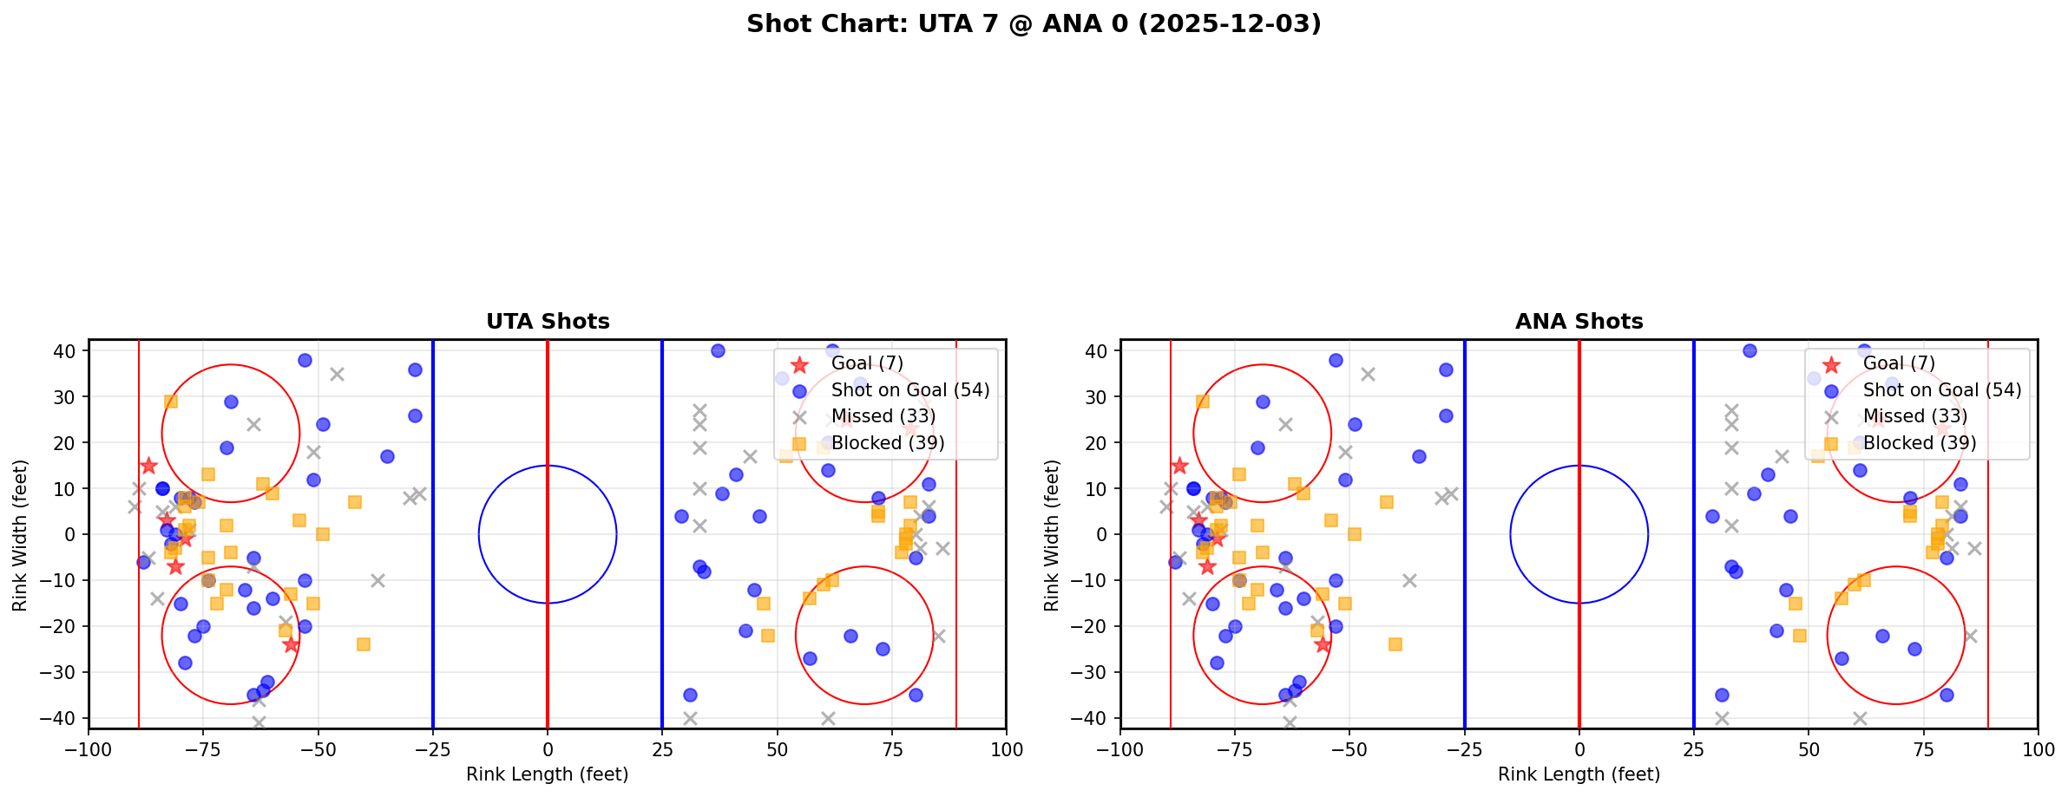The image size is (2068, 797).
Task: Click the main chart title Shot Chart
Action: tap(1034, 24)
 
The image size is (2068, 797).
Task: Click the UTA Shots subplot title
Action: tap(548, 322)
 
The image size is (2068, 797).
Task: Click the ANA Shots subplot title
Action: tap(1579, 322)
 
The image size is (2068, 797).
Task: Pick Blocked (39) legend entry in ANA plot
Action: tap(1919, 443)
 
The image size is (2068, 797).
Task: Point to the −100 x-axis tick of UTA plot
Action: tap(89, 749)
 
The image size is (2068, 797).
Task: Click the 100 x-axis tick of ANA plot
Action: tap(2037, 749)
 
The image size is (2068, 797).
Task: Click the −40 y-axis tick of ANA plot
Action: tap(1095, 718)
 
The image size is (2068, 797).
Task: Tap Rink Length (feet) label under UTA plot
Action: tap(547, 774)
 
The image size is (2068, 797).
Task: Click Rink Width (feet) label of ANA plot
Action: tap(1052, 535)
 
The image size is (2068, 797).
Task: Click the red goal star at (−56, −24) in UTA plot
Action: tap(291, 644)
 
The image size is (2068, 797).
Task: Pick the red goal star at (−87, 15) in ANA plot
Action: tap(1179, 466)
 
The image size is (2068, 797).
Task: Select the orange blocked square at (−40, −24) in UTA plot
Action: tap(364, 644)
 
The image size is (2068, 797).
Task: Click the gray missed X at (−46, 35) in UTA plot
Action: tap(337, 374)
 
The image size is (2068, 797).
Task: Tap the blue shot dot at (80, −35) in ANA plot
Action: tap(1947, 695)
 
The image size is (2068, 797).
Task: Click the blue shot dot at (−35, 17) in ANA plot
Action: tap(1419, 456)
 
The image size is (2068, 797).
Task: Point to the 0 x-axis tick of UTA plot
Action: tap(548, 749)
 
